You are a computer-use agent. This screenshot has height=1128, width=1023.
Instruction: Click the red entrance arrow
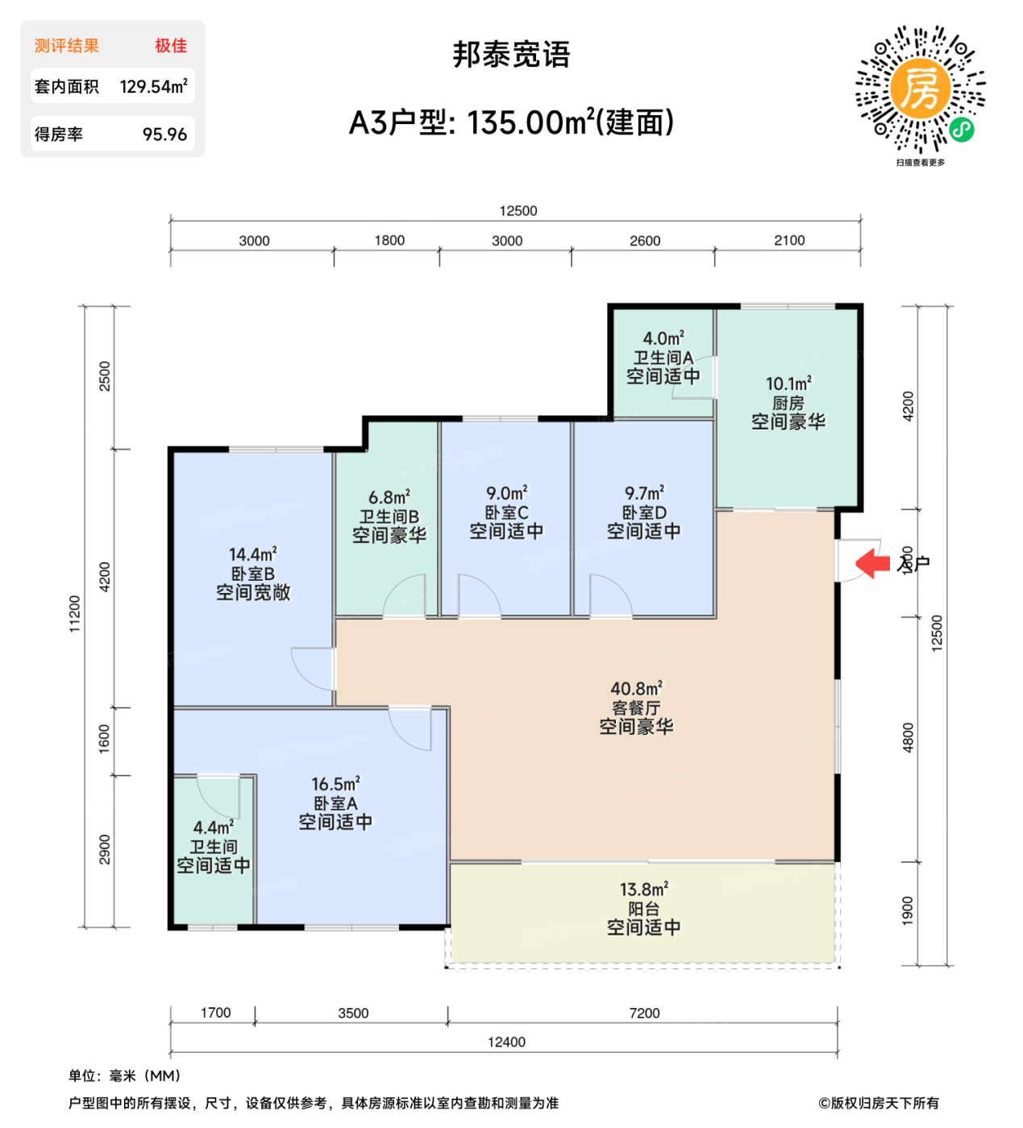point(872,562)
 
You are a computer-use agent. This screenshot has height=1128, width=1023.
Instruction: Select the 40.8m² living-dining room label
point(636,707)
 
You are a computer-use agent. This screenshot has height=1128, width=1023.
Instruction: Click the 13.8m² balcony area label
point(643,908)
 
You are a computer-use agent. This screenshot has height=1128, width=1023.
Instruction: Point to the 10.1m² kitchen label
point(788,402)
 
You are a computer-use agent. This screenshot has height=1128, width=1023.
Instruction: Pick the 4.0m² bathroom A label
point(663,357)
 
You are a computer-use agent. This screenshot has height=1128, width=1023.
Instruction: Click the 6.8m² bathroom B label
point(389,516)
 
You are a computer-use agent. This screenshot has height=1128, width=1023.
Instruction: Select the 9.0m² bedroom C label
point(506,512)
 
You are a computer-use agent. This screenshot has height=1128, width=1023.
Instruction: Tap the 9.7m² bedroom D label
point(643,512)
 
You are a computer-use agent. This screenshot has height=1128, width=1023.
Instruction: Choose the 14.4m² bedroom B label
point(252,573)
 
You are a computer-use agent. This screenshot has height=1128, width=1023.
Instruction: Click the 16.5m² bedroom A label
point(335,802)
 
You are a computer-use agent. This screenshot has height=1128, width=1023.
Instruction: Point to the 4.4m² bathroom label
point(213,846)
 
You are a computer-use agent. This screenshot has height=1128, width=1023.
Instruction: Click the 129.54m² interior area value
point(153,86)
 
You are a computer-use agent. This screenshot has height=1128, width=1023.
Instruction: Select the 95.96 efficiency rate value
point(164,135)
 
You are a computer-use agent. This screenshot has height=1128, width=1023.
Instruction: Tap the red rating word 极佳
point(171,46)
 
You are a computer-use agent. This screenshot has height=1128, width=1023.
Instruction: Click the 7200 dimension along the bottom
point(643,1013)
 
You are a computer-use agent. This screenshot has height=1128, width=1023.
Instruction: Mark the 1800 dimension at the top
point(389,240)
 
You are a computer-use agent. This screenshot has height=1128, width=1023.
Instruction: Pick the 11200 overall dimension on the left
point(75,613)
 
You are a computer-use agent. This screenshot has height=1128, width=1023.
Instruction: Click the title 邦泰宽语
point(511,55)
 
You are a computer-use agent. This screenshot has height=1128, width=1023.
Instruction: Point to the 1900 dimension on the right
point(908,910)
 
